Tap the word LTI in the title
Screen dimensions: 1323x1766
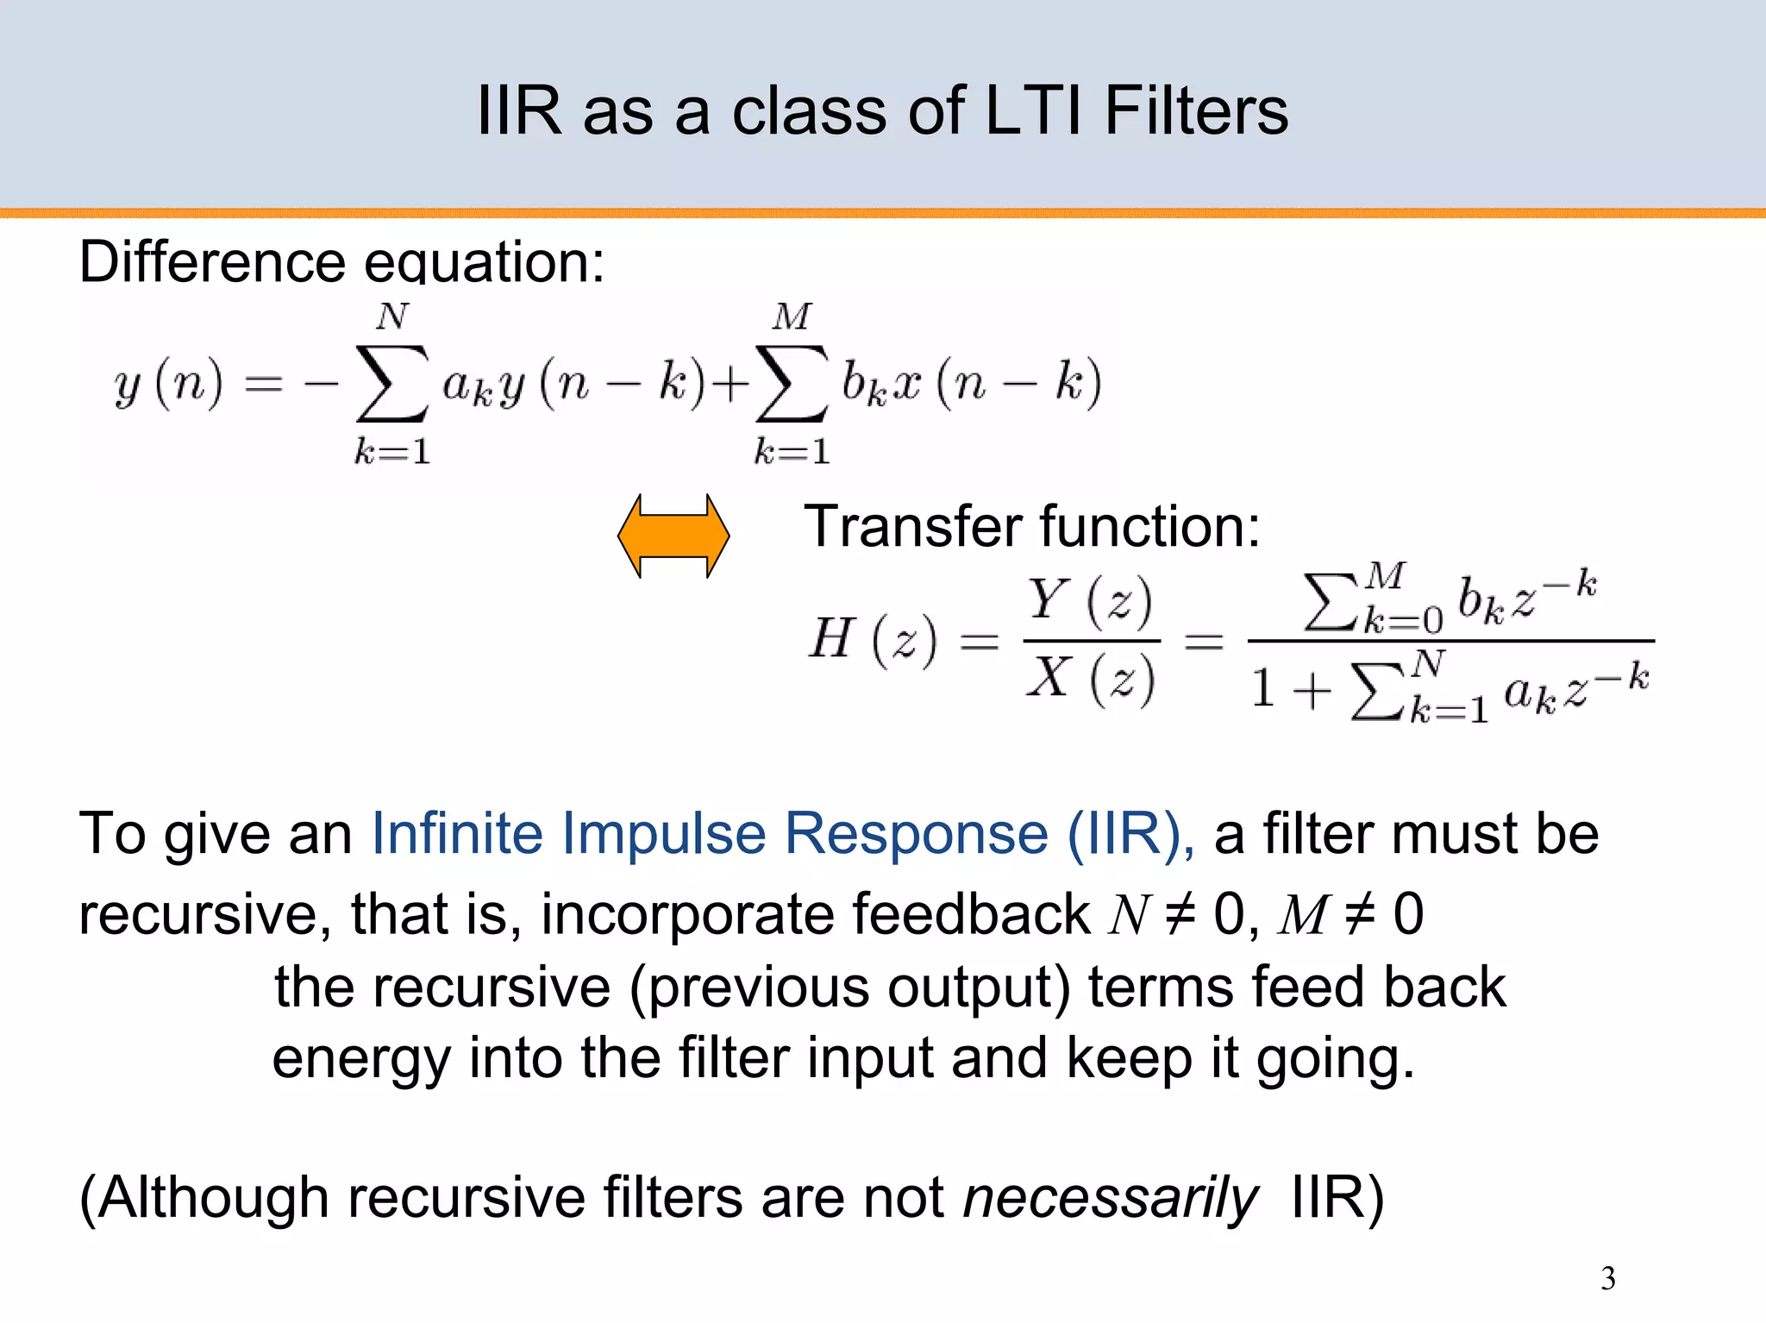click(x=1032, y=111)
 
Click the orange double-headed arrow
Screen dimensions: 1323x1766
click(x=673, y=536)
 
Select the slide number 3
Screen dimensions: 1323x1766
click(x=1607, y=1277)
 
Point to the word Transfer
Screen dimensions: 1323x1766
click(x=914, y=526)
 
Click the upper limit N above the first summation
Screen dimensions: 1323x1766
click(x=391, y=317)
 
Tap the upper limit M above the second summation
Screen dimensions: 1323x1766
click(x=792, y=317)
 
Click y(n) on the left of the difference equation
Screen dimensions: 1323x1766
click(x=168, y=383)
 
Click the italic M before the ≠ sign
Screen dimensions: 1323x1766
click(x=1303, y=914)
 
